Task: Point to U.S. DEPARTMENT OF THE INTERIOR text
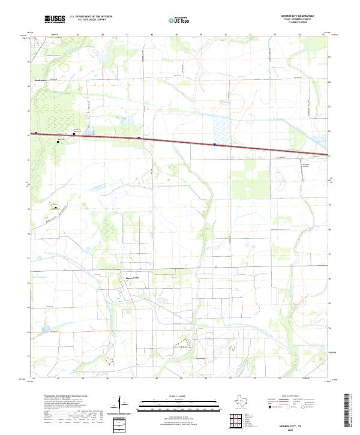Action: [91, 17]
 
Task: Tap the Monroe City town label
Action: [131, 278]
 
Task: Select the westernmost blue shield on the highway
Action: [36, 133]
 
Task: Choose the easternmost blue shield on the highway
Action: [214, 145]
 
